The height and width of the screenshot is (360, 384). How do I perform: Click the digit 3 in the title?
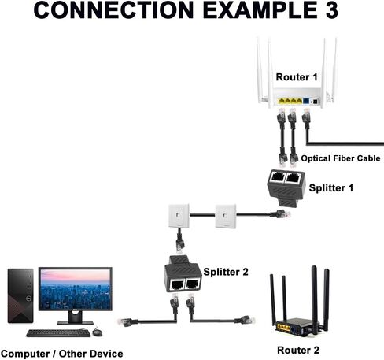pos(331,10)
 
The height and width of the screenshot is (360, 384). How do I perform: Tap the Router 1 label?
pos(297,77)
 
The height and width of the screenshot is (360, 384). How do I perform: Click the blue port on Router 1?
pos(306,101)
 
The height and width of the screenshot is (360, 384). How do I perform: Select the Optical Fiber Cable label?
pos(341,158)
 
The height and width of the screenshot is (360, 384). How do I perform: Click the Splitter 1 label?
pos(331,188)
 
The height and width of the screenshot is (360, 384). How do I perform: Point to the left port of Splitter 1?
pos(278,177)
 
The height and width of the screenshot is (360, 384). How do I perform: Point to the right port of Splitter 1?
pos(293,178)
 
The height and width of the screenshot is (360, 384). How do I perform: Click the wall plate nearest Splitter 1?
pos(226,217)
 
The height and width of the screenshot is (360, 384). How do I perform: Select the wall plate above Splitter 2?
pos(179,216)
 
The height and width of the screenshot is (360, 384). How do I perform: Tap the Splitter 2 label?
pos(226,272)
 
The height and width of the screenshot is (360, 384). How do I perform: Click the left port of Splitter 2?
pos(177,284)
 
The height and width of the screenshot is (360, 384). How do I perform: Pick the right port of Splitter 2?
pos(192,284)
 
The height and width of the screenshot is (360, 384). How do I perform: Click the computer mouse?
pos(97,332)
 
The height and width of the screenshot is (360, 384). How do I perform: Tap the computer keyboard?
pos(58,333)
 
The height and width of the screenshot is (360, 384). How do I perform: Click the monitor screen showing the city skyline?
pos(76,289)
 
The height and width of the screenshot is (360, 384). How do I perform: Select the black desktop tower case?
pos(20,295)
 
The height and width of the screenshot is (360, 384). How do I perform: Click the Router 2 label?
pos(298,350)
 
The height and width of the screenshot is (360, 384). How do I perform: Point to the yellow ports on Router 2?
pos(284,328)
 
